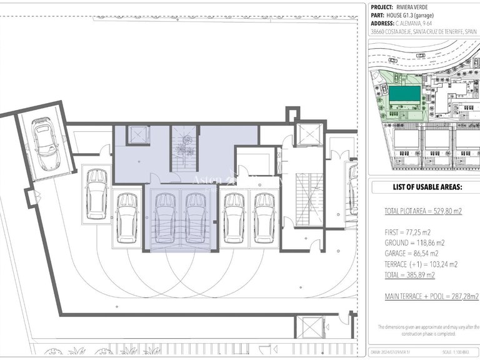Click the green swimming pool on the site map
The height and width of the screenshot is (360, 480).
[x=404, y=96]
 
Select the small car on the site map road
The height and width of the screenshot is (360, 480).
[x=421, y=55]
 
